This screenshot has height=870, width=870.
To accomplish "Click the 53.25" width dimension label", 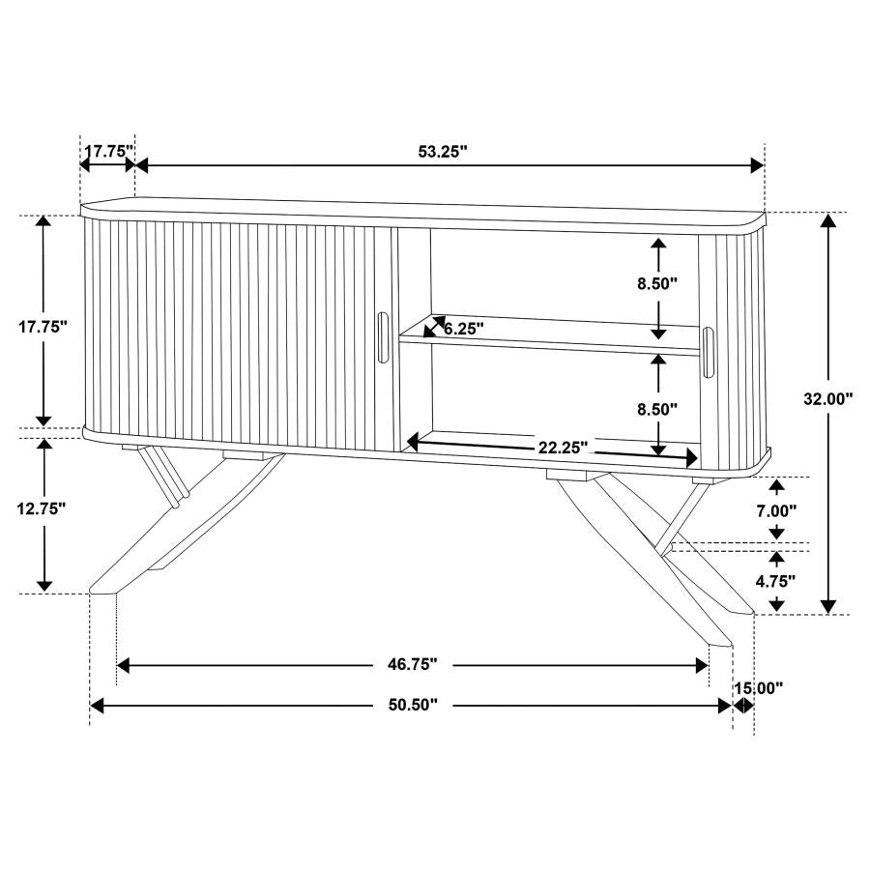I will [x=442, y=151].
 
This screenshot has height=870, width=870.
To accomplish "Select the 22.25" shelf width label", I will [x=564, y=447].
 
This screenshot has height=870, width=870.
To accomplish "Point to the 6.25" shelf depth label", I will [x=464, y=329].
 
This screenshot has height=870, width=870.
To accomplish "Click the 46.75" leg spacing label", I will [x=412, y=664].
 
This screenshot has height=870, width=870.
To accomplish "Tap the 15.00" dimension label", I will [x=758, y=688].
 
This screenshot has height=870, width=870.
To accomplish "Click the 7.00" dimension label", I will [x=776, y=509].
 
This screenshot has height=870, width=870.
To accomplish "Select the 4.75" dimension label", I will [x=776, y=581].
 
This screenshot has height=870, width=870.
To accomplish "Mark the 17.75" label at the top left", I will [x=107, y=151].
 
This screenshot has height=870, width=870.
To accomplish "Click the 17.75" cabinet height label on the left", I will [x=42, y=327].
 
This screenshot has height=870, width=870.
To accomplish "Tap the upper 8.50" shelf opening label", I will [x=658, y=284].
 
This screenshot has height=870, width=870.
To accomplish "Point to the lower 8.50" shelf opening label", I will [x=658, y=409].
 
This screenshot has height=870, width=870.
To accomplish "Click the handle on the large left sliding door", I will [x=383, y=337].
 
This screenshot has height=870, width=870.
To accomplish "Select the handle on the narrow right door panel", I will [x=710, y=351].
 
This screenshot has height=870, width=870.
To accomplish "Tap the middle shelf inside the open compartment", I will [x=551, y=340].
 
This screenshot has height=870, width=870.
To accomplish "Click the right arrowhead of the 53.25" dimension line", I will [x=758, y=165].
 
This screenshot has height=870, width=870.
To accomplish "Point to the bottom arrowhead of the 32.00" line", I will [x=827, y=606].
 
